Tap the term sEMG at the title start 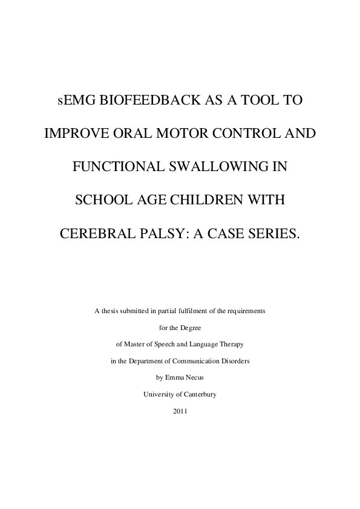click(70, 100)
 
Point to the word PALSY click(164, 232)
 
